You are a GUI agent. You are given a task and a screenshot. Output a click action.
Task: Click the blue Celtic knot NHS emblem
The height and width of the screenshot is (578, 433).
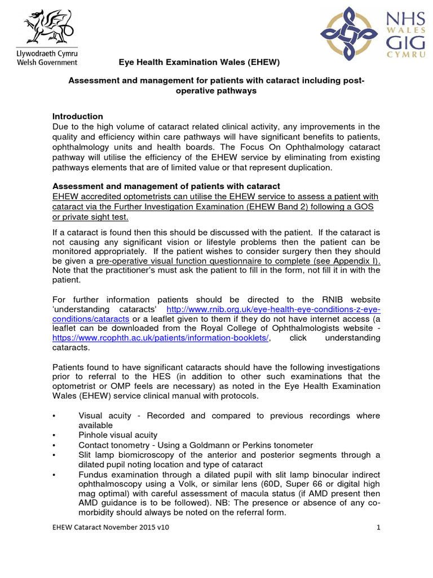(346, 33)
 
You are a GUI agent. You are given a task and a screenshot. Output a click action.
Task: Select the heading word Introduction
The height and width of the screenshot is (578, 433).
(77, 116)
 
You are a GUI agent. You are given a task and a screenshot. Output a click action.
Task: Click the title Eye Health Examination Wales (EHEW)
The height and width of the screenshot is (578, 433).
(198, 62)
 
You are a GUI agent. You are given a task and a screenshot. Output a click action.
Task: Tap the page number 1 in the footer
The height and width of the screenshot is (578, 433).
(379, 527)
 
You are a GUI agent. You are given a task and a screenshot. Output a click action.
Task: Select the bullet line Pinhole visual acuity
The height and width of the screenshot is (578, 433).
(118, 435)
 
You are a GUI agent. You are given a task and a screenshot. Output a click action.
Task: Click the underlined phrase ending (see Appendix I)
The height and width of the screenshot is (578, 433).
(238, 261)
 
